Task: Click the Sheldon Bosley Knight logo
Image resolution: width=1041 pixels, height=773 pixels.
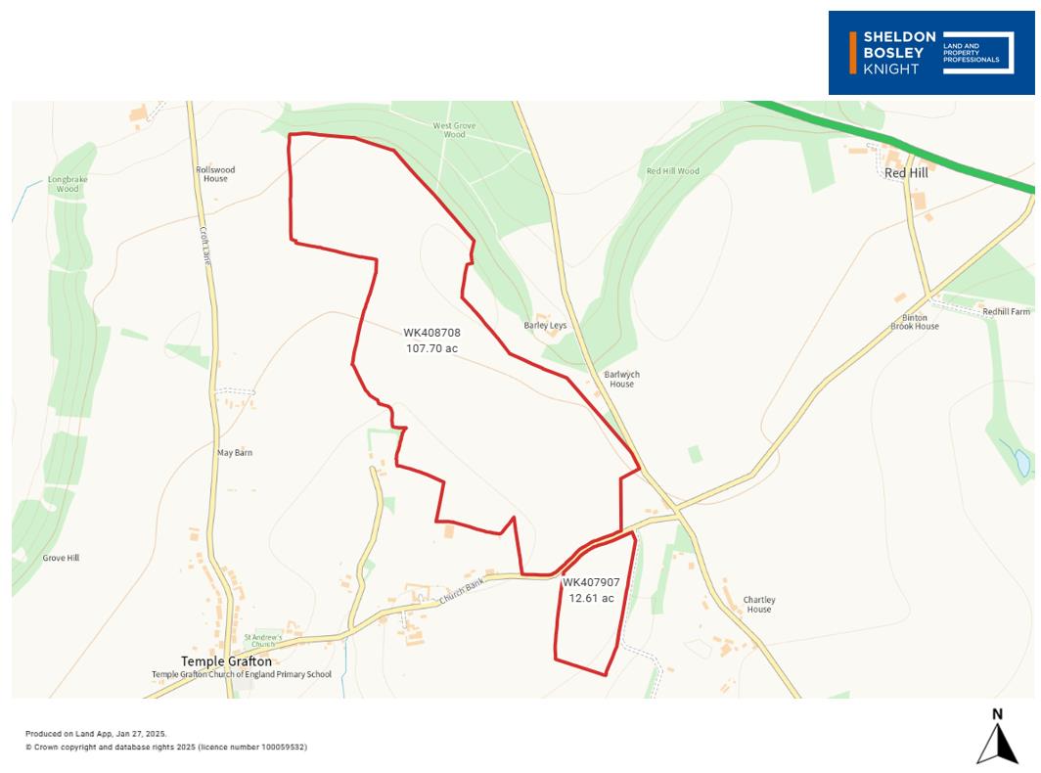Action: pos(930,53)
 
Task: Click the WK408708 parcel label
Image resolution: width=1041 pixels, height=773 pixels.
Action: pos(431,333)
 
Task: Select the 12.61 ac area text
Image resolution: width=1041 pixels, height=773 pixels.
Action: pos(591,598)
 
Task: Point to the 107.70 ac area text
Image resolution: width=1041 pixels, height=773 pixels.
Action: pos(431,348)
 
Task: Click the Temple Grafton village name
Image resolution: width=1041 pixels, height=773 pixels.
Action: pos(226,661)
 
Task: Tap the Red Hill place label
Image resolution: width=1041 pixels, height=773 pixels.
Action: pos(906,173)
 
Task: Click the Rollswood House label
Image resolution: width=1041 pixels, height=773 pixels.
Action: pos(215,174)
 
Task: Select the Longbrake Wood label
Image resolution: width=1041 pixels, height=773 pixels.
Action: pos(67,184)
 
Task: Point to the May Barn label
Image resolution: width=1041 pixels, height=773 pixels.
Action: pos(235,453)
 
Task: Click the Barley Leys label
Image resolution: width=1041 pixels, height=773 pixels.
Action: pos(545,325)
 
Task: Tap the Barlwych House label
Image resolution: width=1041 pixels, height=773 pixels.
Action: pos(621,380)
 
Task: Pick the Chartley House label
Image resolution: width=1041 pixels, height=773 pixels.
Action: pos(759,605)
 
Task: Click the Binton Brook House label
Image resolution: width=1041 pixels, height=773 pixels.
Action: pos(914,322)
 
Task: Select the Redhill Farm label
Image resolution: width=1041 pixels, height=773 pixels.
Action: pos(1007,312)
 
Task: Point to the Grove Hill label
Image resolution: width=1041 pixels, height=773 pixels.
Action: pos(61,558)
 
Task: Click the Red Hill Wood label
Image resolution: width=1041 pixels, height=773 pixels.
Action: pos(673,171)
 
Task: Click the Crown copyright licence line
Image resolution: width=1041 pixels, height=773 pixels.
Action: pos(166,747)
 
